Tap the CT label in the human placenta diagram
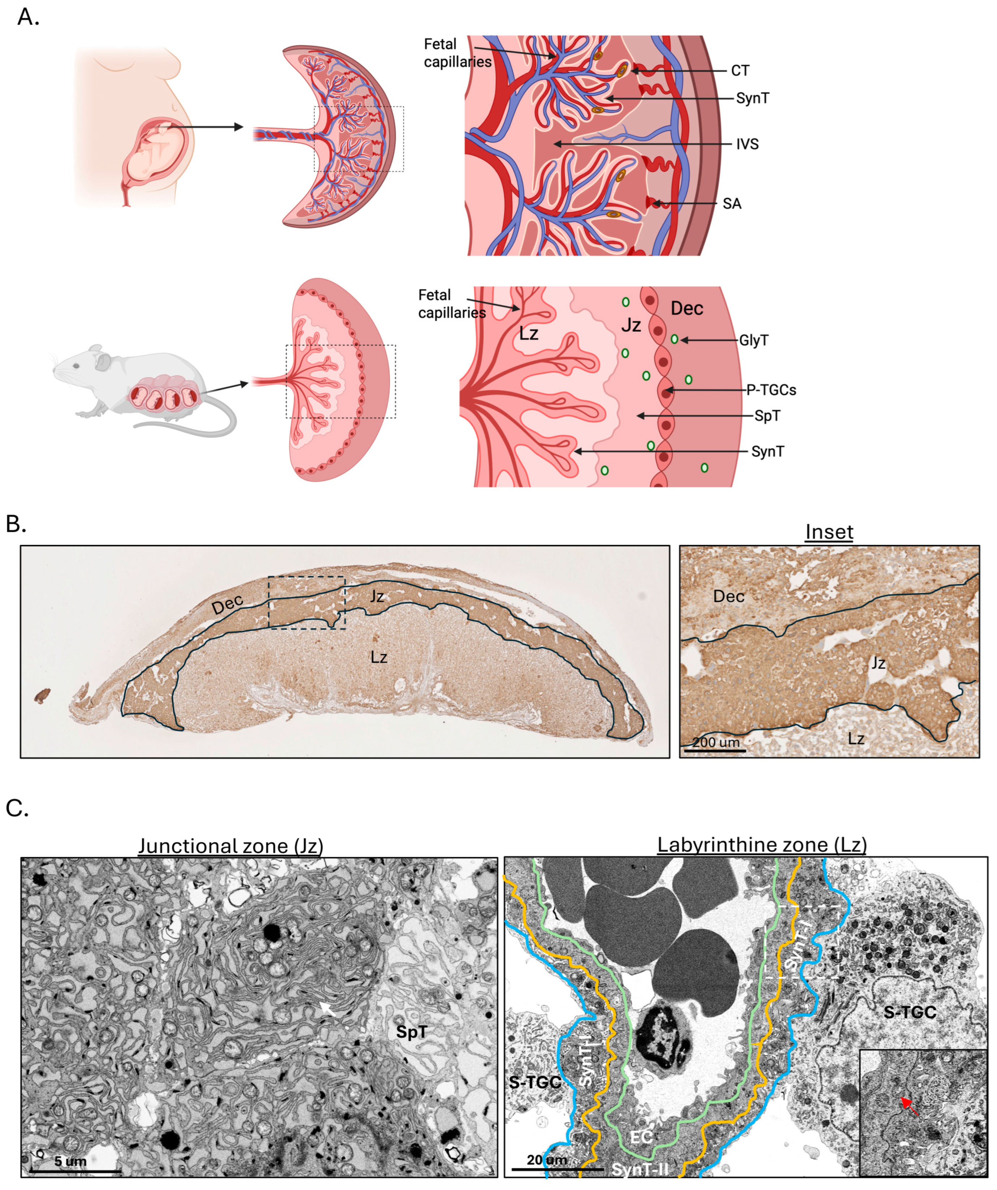740,71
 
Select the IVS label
747,144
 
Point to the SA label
732,203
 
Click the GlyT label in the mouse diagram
754,340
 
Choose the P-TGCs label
771,390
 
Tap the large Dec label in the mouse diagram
687,309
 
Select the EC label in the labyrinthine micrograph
641,1137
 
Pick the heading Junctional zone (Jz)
231,846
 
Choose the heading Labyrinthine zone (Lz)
762,844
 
